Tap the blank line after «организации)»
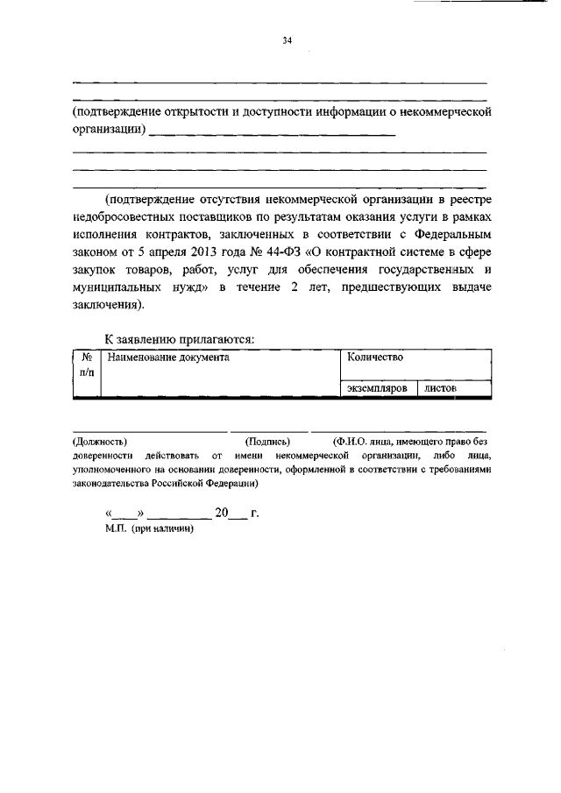pos(273,133)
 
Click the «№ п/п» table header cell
pos(87,365)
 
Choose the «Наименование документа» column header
pos(167,358)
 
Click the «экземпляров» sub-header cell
pos(376,387)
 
